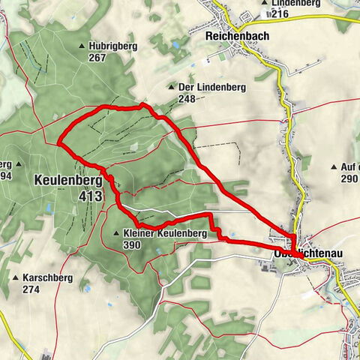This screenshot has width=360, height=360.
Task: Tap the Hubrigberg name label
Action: (115, 46)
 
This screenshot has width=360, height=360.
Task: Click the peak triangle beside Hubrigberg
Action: (82, 46)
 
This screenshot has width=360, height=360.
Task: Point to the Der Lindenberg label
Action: (213, 87)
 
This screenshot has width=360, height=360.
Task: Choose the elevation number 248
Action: (187, 98)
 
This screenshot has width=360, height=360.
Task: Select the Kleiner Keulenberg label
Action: (165, 234)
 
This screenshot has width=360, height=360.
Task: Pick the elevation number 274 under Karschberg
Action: (31, 289)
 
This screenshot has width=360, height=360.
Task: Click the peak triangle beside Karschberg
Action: (15, 277)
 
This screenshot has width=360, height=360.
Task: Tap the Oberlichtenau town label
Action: (307, 255)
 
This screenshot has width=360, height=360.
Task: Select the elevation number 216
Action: (281, 13)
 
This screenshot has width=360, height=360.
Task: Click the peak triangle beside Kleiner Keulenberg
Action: (116, 234)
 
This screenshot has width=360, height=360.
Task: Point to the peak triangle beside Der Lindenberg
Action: (171, 87)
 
